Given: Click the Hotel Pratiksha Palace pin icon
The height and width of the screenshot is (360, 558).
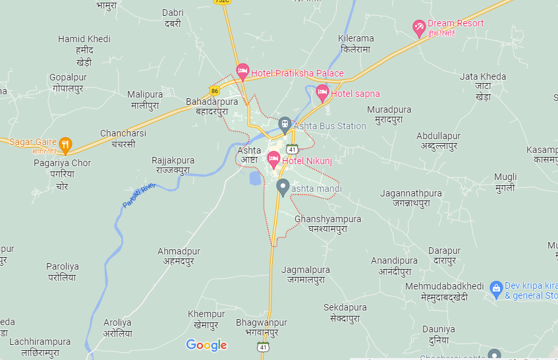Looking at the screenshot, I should point(242,71).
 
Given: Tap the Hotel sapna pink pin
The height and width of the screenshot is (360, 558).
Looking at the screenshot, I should point(322,92).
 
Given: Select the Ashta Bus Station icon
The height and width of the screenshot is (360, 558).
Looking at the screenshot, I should point(285,124).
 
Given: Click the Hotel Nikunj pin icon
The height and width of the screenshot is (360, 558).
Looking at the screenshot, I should point(273,158).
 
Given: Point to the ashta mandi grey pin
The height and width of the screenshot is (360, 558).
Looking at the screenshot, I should point(283,187).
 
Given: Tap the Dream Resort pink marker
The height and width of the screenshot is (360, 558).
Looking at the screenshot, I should point(419,27).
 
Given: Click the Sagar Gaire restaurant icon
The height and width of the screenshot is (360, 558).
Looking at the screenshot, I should point(65,143).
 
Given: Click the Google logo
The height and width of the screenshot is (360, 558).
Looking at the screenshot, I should point(206,345).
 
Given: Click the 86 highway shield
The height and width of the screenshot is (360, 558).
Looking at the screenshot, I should point(215,90).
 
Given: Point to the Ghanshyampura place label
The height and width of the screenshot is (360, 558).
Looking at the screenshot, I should point(328,224).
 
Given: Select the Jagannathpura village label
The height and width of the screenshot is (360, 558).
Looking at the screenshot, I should point(411,198).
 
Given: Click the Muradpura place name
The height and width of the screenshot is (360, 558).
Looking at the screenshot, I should point(389,114).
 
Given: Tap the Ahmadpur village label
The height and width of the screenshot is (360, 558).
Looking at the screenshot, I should point(179,256).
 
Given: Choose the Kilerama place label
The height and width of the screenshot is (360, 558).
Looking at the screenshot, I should point(356,44).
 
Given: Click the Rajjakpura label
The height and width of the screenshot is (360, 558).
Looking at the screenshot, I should point(173,165).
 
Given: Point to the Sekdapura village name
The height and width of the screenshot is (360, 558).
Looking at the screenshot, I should point(345,313).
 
